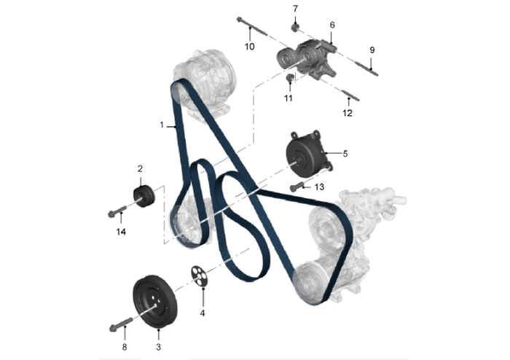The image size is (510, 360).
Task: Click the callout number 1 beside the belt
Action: [x=162, y=125]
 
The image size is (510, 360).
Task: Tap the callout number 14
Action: [x=121, y=232]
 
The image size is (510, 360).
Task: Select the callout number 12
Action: [x=348, y=113]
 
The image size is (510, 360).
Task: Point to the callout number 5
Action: [x=345, y=154]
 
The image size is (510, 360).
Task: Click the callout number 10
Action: [x=249, y=47]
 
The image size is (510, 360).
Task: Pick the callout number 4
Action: [x=203, y=313]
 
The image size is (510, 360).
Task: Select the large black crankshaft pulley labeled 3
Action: [x=154, y=302]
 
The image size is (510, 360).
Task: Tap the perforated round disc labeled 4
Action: [x=199, y=276]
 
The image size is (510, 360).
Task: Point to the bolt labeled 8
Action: [x=121, y=324]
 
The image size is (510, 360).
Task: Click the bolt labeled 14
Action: [x=117, y=211]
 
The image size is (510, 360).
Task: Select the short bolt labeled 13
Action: [x=297, y=187]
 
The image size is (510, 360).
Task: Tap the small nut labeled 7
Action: [x=295, y=28]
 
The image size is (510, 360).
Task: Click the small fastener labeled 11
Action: [x=290, y=78]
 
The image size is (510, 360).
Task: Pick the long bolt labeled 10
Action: [x=252, y=27]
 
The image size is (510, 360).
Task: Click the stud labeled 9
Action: [x=366, y=67]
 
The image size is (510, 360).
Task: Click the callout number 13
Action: [x=319, y=187]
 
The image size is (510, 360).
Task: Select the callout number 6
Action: [x=332, y=25]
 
